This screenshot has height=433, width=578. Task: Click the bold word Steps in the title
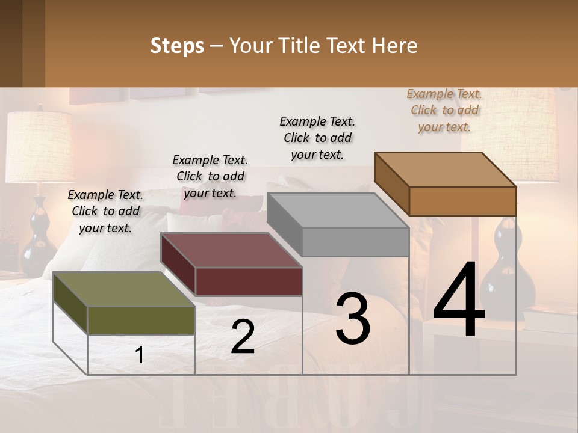click(177, 46)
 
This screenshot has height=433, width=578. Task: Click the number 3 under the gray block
click(353, 318)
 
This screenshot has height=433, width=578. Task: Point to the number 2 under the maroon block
click(243, 337)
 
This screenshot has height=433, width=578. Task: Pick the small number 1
click(140, 355)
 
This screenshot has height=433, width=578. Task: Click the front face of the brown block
click(462, 201)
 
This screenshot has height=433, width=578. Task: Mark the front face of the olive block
click(141, 320)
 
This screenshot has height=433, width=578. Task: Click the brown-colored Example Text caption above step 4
click(444, 111)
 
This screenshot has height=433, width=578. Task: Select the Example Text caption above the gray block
click(317, 138)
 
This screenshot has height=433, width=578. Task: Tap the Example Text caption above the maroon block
click(210, 176)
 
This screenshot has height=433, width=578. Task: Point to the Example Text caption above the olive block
click(105, 211)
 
